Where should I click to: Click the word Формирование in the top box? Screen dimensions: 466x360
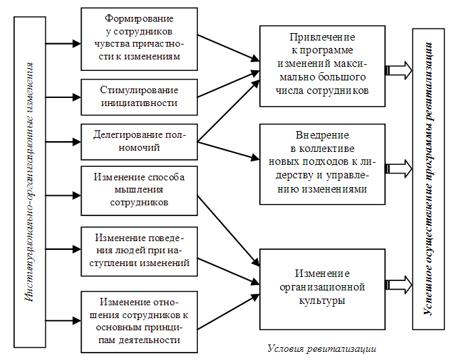(139, 19)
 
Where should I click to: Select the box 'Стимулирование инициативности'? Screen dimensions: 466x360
(139, 97)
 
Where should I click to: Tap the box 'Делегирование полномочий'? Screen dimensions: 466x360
(139, 142)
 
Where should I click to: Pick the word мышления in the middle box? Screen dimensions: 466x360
(139, 190)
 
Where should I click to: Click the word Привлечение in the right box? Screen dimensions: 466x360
(322, 37)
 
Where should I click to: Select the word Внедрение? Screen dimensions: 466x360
(322, 135)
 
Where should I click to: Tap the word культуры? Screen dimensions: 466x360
(322, 301)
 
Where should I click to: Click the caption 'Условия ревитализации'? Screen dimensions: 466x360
(322, 349)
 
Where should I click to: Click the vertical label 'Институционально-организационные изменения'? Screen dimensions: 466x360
(30, 182)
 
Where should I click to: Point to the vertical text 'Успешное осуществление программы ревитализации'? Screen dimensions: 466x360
(428, 179)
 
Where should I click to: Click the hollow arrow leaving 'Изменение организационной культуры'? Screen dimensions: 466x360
(398, 285)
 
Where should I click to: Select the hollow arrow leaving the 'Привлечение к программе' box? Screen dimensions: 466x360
(398, 70)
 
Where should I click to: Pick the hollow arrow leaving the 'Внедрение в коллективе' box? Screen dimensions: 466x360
(398, 169)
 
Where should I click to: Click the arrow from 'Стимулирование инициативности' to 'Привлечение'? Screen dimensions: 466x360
(228, 84)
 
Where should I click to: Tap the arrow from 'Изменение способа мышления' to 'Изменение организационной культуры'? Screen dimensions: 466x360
(228, 231)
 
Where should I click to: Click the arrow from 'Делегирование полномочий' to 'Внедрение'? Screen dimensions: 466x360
(228, 151)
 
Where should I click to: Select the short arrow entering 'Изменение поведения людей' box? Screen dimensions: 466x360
(63, 249)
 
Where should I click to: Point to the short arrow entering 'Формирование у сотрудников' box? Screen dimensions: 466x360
(63, 44)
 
